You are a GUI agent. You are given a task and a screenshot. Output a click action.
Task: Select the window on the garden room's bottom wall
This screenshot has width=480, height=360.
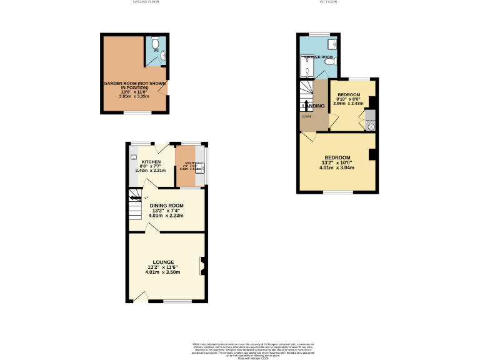[136, 113]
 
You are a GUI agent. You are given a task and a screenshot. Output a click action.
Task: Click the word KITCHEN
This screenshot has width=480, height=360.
[151, 162]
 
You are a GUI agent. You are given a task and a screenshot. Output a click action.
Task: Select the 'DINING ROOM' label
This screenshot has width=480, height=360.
[166, 206]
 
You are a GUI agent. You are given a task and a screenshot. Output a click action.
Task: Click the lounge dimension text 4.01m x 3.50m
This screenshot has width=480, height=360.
[162, 272]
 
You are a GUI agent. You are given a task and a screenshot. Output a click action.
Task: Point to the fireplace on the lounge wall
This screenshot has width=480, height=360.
[202, 266]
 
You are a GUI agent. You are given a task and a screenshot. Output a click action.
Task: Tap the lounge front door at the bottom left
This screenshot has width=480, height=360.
[141, 296]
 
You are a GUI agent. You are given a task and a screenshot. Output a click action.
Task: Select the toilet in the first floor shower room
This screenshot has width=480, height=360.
[335, 61]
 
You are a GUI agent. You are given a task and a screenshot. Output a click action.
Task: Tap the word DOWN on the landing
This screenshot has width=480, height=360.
[306, 116]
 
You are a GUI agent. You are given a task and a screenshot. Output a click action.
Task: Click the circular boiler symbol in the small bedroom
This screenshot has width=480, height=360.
[371, 127]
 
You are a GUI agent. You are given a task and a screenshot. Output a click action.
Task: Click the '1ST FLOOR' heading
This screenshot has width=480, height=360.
[329, 2]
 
